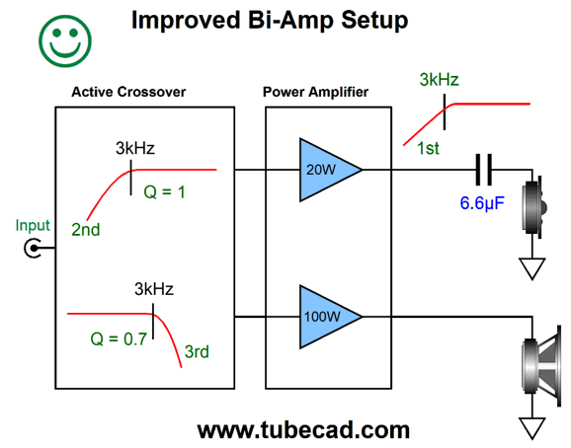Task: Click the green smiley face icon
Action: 65,41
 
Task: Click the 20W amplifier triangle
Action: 326,170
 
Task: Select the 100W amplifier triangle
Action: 326,317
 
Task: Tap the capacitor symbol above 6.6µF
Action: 484,170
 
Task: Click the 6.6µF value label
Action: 482,203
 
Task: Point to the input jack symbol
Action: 33,249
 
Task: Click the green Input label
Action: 33,226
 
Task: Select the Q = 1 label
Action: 165,191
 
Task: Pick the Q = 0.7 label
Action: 119,338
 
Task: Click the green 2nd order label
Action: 86,230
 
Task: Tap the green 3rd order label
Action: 197,351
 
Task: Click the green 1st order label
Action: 428,148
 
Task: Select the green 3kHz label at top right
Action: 440,79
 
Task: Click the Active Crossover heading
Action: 128,92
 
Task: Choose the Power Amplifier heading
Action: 315,92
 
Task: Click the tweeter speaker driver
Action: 534,207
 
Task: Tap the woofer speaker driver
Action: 541,365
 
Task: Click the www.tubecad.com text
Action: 303,430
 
